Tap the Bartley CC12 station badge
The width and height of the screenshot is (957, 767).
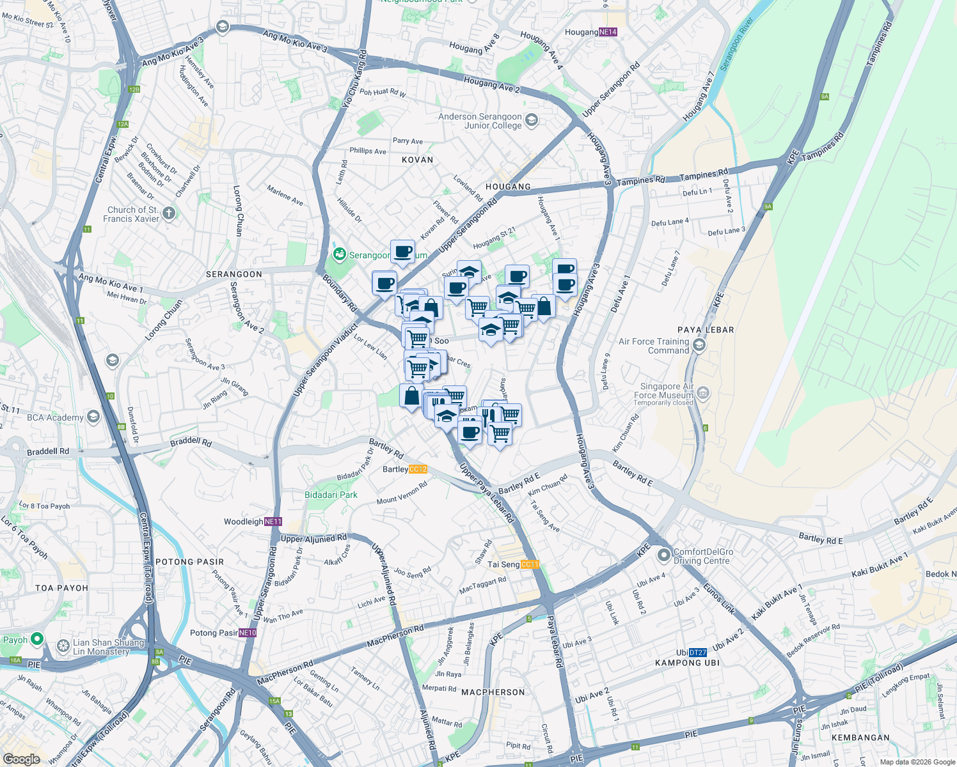coord(418,469)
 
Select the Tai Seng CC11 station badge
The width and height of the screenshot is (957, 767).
coord(530,564)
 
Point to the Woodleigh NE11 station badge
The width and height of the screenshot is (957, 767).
coord(273,522)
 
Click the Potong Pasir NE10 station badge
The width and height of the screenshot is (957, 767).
coord(248,633)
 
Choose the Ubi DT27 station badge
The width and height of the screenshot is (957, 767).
coord(698,653)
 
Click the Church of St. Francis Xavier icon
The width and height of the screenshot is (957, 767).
coord(169,213)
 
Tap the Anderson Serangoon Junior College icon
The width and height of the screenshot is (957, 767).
coord(532,120)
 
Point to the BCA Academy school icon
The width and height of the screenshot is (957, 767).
coord(93,417)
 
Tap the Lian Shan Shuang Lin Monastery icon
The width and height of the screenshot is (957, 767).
coord(63,646)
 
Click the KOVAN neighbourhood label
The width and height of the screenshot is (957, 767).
coord(417,160)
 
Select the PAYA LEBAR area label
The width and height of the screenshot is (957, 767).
coord(706,330)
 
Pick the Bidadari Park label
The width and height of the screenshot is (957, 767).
coord(331,495)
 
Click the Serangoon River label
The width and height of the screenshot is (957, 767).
coord(736,44)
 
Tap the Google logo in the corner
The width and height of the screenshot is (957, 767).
coord(21,759)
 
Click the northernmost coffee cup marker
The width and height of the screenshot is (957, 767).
coord(402,252)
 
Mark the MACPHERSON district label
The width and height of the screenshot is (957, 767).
coord(493,692)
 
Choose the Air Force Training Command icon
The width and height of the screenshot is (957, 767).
coord(699,346)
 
